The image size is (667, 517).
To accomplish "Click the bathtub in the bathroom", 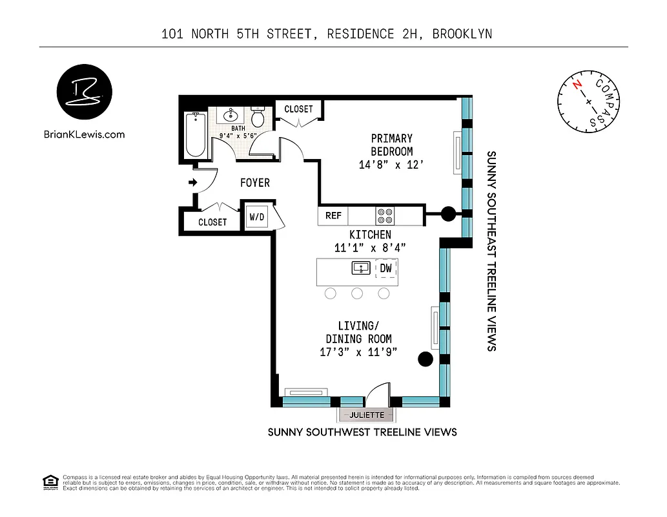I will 196,134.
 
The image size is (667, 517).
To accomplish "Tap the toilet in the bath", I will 258,117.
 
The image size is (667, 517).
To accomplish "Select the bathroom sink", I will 231,116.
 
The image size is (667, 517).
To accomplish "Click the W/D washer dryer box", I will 256,216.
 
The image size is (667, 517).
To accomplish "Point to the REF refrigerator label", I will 333,215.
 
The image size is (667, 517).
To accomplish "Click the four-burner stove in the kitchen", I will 385,215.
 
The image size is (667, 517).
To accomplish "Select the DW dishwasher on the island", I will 385,268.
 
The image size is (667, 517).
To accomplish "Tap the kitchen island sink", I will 360,268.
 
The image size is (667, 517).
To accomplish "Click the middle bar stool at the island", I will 357,293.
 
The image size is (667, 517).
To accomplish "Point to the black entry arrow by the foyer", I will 192,183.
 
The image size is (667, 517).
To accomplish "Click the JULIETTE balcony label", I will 367,414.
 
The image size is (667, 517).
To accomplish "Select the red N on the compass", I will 577,85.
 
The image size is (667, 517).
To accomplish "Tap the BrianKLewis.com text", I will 84,134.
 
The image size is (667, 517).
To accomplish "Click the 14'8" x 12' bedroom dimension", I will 391,165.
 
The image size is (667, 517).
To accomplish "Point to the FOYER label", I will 254,183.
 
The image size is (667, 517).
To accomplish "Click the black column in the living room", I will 425,359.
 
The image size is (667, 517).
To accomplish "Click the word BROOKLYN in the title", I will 462,34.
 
